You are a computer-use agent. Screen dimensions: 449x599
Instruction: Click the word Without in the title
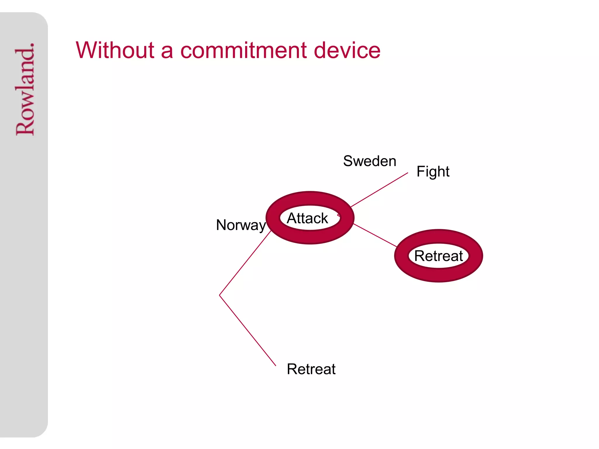coord(115,50)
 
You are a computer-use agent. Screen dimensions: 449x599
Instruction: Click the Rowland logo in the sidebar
coord(25,89)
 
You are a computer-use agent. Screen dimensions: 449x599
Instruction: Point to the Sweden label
coord(369,161)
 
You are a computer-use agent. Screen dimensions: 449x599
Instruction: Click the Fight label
coord(433,171)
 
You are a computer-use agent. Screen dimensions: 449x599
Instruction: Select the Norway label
coord(241,225)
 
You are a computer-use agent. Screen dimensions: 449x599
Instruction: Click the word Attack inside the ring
coord(307,218)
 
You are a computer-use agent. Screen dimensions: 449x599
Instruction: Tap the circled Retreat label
coord(438,256)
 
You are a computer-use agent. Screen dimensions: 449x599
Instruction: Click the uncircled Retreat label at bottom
coord(311,369)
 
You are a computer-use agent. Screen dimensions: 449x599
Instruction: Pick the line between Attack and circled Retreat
coord(375,235)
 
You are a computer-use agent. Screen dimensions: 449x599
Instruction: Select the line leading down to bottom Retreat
coord(247,330)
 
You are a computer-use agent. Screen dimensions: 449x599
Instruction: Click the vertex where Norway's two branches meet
coord(220,295)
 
